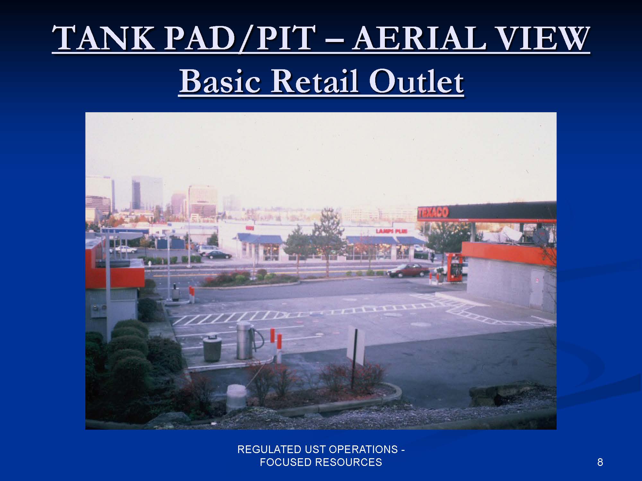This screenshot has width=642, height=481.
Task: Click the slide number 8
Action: [600, 462]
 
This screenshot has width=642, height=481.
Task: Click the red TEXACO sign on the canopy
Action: [433, 213]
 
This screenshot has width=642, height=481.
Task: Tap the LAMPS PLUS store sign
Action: [392, 231]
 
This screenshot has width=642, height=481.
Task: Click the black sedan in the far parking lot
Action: [219, 255]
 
